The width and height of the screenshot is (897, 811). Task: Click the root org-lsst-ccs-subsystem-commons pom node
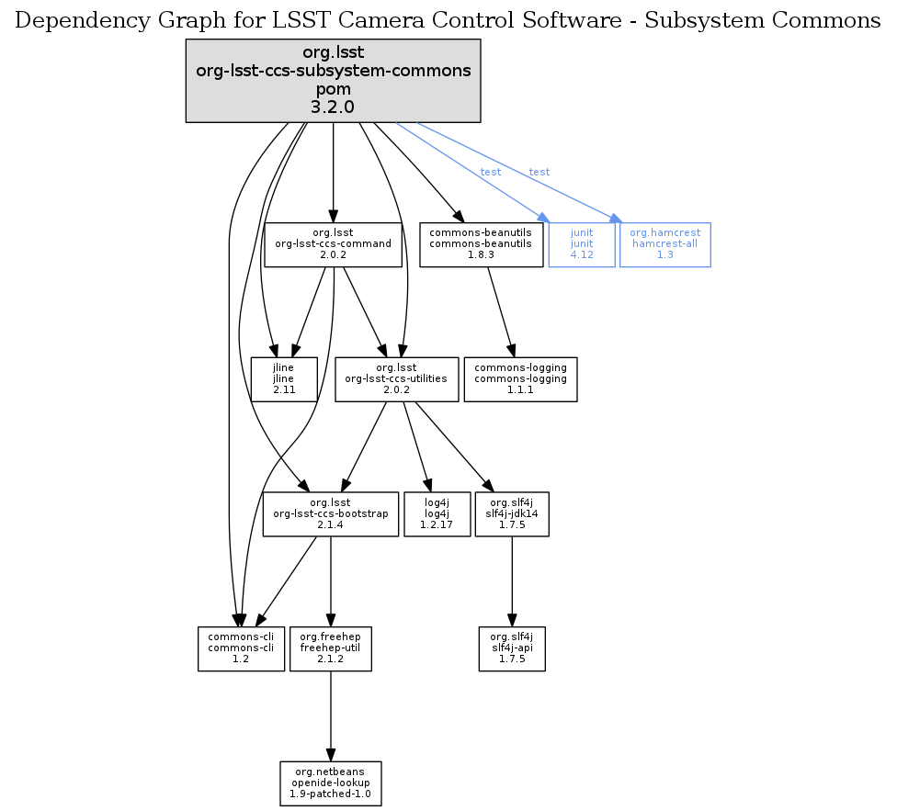[x=333, y=81]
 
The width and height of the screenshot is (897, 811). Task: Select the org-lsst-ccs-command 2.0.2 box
[x=333, y=244]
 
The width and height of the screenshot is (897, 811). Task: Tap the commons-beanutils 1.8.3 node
[x=481, y=244]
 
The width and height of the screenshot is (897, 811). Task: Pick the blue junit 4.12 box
[x=581, y=244]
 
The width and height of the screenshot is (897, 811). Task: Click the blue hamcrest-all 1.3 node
[x=664, y=244]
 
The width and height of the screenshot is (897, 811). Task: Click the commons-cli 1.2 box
[x=241, y=648]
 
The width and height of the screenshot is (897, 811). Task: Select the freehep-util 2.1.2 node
[x=331, y=648]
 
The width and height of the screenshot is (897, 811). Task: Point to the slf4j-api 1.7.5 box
[x=512, y=648]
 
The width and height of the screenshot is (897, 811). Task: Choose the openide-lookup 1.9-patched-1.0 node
[x=331, y=783]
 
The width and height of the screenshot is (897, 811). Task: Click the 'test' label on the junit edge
[x=491, y=173]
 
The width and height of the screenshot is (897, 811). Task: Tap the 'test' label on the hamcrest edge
[x=539, y=173]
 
